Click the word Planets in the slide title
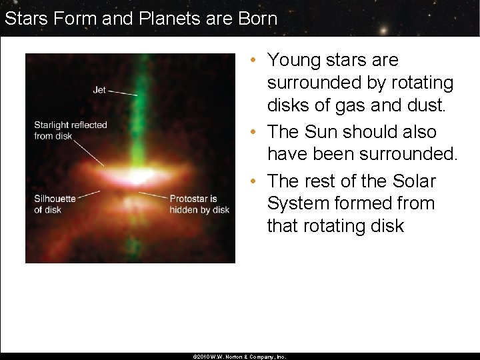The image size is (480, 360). (x=163, y=18)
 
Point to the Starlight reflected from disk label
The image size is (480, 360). (x=70, y=130)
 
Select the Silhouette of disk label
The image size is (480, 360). (x=55, y=204)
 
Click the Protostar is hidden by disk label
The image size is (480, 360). (x=199, y=204)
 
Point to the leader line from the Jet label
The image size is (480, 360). (x=123, y=93)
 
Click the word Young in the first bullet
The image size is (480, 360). (x=295, y=60)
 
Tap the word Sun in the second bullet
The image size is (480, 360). (x=331, y=132)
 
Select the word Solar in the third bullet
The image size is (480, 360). (x=413, y=181)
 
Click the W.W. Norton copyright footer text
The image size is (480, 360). (x=239, y=357)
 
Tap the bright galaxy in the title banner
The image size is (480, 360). (x=385, y=29)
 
